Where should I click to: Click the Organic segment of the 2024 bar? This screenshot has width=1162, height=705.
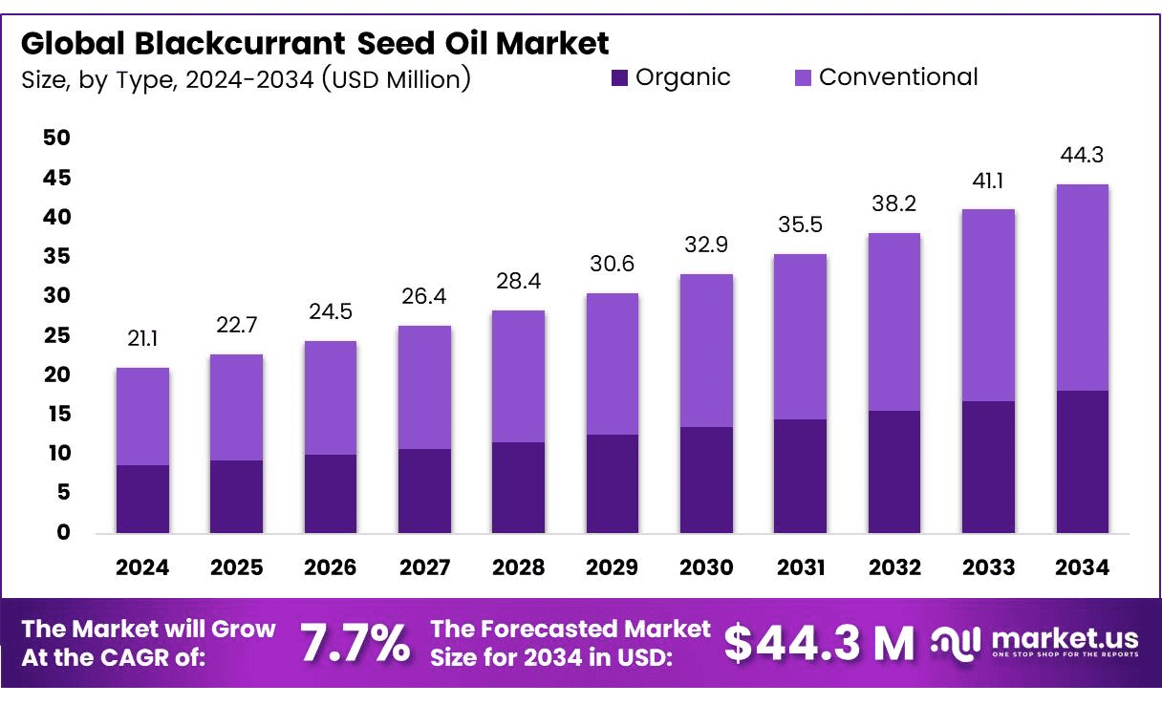[x=142, y=499]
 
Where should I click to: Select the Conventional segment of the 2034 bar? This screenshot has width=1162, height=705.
[x=1082, y=288]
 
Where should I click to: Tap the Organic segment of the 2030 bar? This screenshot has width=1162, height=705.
[x=706, y=480]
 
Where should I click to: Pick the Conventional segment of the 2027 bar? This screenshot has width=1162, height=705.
[x=424, y=387]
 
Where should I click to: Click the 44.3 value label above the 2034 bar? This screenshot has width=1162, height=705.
[x=1082, y=155]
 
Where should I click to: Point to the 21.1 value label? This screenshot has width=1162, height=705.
[x=142, y=338]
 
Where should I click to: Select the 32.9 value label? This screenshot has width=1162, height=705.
[x=706, y=245]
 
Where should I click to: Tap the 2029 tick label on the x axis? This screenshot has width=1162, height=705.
[x=612, y=567]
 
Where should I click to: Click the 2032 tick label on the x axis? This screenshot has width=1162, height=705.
[x=894, y=567]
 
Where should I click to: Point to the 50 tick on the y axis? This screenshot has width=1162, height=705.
[x=57, y=139]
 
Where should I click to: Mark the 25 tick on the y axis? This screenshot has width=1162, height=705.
[x=57, y=335]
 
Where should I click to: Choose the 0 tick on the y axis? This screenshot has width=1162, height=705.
[x=63, y=532]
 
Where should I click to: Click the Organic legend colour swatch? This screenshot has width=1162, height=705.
[x=620, y=78]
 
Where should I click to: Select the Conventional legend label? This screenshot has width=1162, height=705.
[x=898, y=77]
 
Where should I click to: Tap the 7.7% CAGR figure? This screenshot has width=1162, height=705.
[x=355, y=644]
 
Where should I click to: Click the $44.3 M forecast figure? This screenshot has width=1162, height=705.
[x=819, y=644]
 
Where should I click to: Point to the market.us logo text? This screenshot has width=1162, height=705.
[x=1065, y=637]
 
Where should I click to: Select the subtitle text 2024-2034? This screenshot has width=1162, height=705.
[x=249, y=79]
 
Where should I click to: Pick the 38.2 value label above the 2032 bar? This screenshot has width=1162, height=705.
[x=894, y=203]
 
